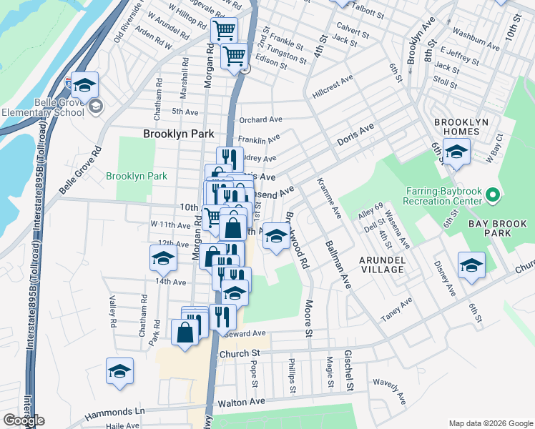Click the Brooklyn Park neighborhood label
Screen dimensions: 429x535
pos(178,133)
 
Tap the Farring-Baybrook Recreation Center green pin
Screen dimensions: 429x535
pos(492,194)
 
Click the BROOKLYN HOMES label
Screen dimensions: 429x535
pos(463,127)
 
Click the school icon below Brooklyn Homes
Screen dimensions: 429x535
pos(456,151)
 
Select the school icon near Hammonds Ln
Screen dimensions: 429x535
pos(119,370)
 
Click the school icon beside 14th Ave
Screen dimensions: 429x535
pos(162,258)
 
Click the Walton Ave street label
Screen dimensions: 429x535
pos(237,403)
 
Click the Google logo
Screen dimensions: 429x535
pos(24,420)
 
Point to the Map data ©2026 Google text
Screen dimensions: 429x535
pos(490,423)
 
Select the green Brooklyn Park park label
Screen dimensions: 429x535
pos(137,176)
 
